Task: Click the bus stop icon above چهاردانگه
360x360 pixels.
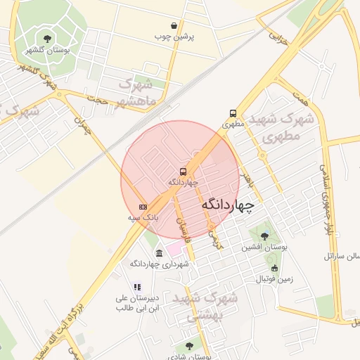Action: pos(183,171)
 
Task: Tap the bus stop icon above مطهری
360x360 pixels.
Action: pos(233,113)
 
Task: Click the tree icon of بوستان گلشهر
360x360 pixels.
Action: pos(47,39)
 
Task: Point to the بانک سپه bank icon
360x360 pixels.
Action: pos(143,207)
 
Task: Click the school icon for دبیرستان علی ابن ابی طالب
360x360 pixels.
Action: pos(137,287)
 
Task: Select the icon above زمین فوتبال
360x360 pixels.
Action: pos(274,268)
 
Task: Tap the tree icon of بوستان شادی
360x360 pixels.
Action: pos(188,346)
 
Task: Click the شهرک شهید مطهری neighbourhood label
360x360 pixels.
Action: pos(280,127)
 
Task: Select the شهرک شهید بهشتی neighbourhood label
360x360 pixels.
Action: pos(212,307)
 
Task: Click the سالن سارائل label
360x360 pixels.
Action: pos(342,256)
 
